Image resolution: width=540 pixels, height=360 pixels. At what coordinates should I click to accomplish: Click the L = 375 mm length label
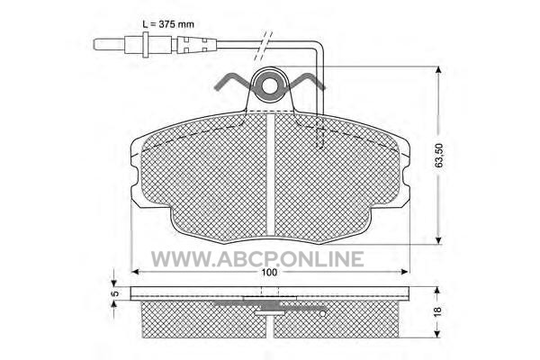pyautogui.click(x=168, y=24)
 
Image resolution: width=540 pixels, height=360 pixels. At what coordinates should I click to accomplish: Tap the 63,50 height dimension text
pyautogui.click(x=439, y=156)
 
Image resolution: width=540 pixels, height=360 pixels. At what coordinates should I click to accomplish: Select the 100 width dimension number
pyautogui.click(x=269, y=272)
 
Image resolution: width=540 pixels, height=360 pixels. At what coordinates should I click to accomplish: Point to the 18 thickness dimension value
pyautogui.click(x=437, y=311)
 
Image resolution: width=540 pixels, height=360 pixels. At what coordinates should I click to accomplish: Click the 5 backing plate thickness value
pyautogui.click(x=116, y=293)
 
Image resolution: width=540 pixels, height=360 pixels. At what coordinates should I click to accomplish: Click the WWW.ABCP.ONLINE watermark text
pyautogui.click(x=257, y=258)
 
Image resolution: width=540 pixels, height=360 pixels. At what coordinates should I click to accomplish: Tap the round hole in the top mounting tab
pyautogui.click(x=270, y=85)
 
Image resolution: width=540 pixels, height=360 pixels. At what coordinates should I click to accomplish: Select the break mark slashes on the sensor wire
pyautogui.click(x=264, y=46)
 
